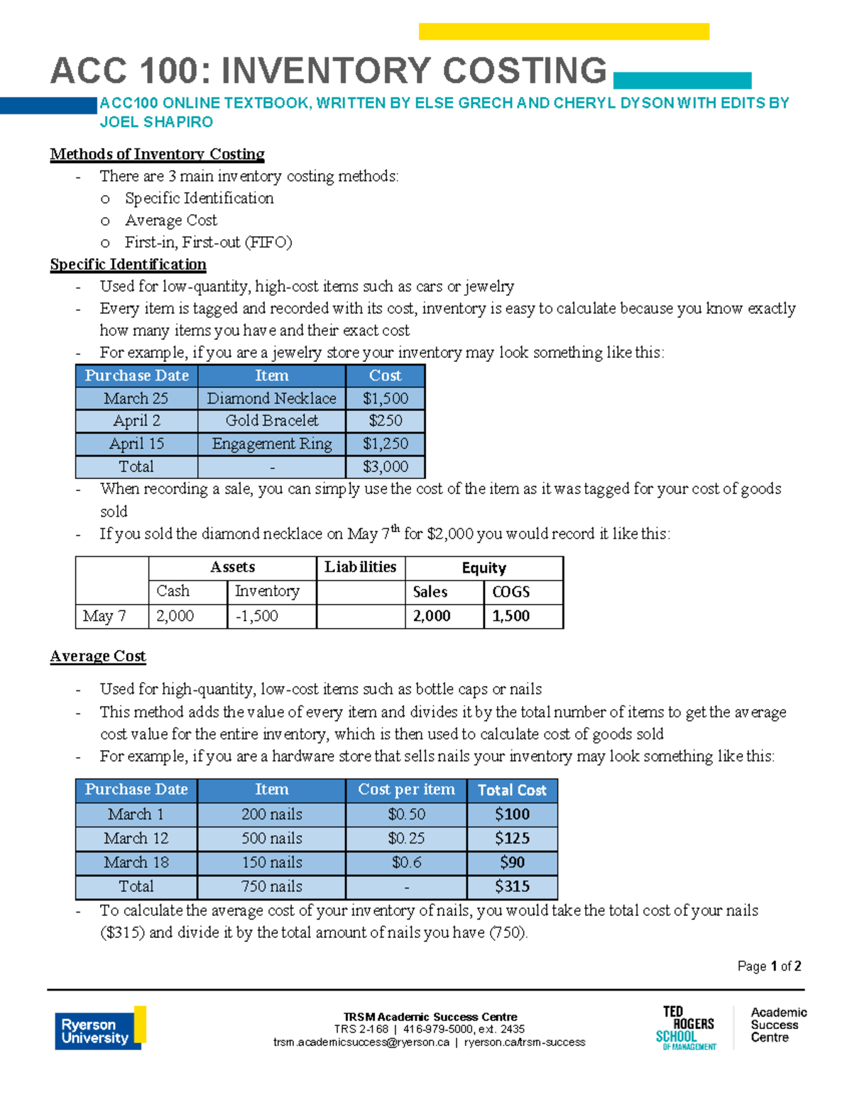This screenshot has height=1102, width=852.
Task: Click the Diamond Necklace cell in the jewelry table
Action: pos(271,398)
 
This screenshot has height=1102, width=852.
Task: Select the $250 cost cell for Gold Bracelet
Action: pos(386,421)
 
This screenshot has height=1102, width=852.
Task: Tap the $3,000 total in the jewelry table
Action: pos(386,466)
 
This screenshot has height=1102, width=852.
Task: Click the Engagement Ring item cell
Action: pos(271,443)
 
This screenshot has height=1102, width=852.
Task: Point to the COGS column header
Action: pos(511,592)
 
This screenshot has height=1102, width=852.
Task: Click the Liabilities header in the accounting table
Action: pos(360,567)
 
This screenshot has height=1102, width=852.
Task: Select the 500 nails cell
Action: pos(271,838)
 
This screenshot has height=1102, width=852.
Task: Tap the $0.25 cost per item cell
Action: pos(406,838)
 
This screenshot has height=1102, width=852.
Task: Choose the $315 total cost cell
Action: pos(512,886)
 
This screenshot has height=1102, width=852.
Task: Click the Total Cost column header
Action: pos(512,790)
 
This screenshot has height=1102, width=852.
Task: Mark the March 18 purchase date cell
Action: pos(136,862)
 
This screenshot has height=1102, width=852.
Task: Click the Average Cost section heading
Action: pos(98,656)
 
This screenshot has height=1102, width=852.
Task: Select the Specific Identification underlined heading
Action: pos(128,265)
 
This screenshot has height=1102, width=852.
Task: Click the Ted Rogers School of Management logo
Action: pos(687,1027)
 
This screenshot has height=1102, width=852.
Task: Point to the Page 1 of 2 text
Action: pos(769,966)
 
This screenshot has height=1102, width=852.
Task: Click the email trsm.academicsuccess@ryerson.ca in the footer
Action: pos(361,1042)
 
